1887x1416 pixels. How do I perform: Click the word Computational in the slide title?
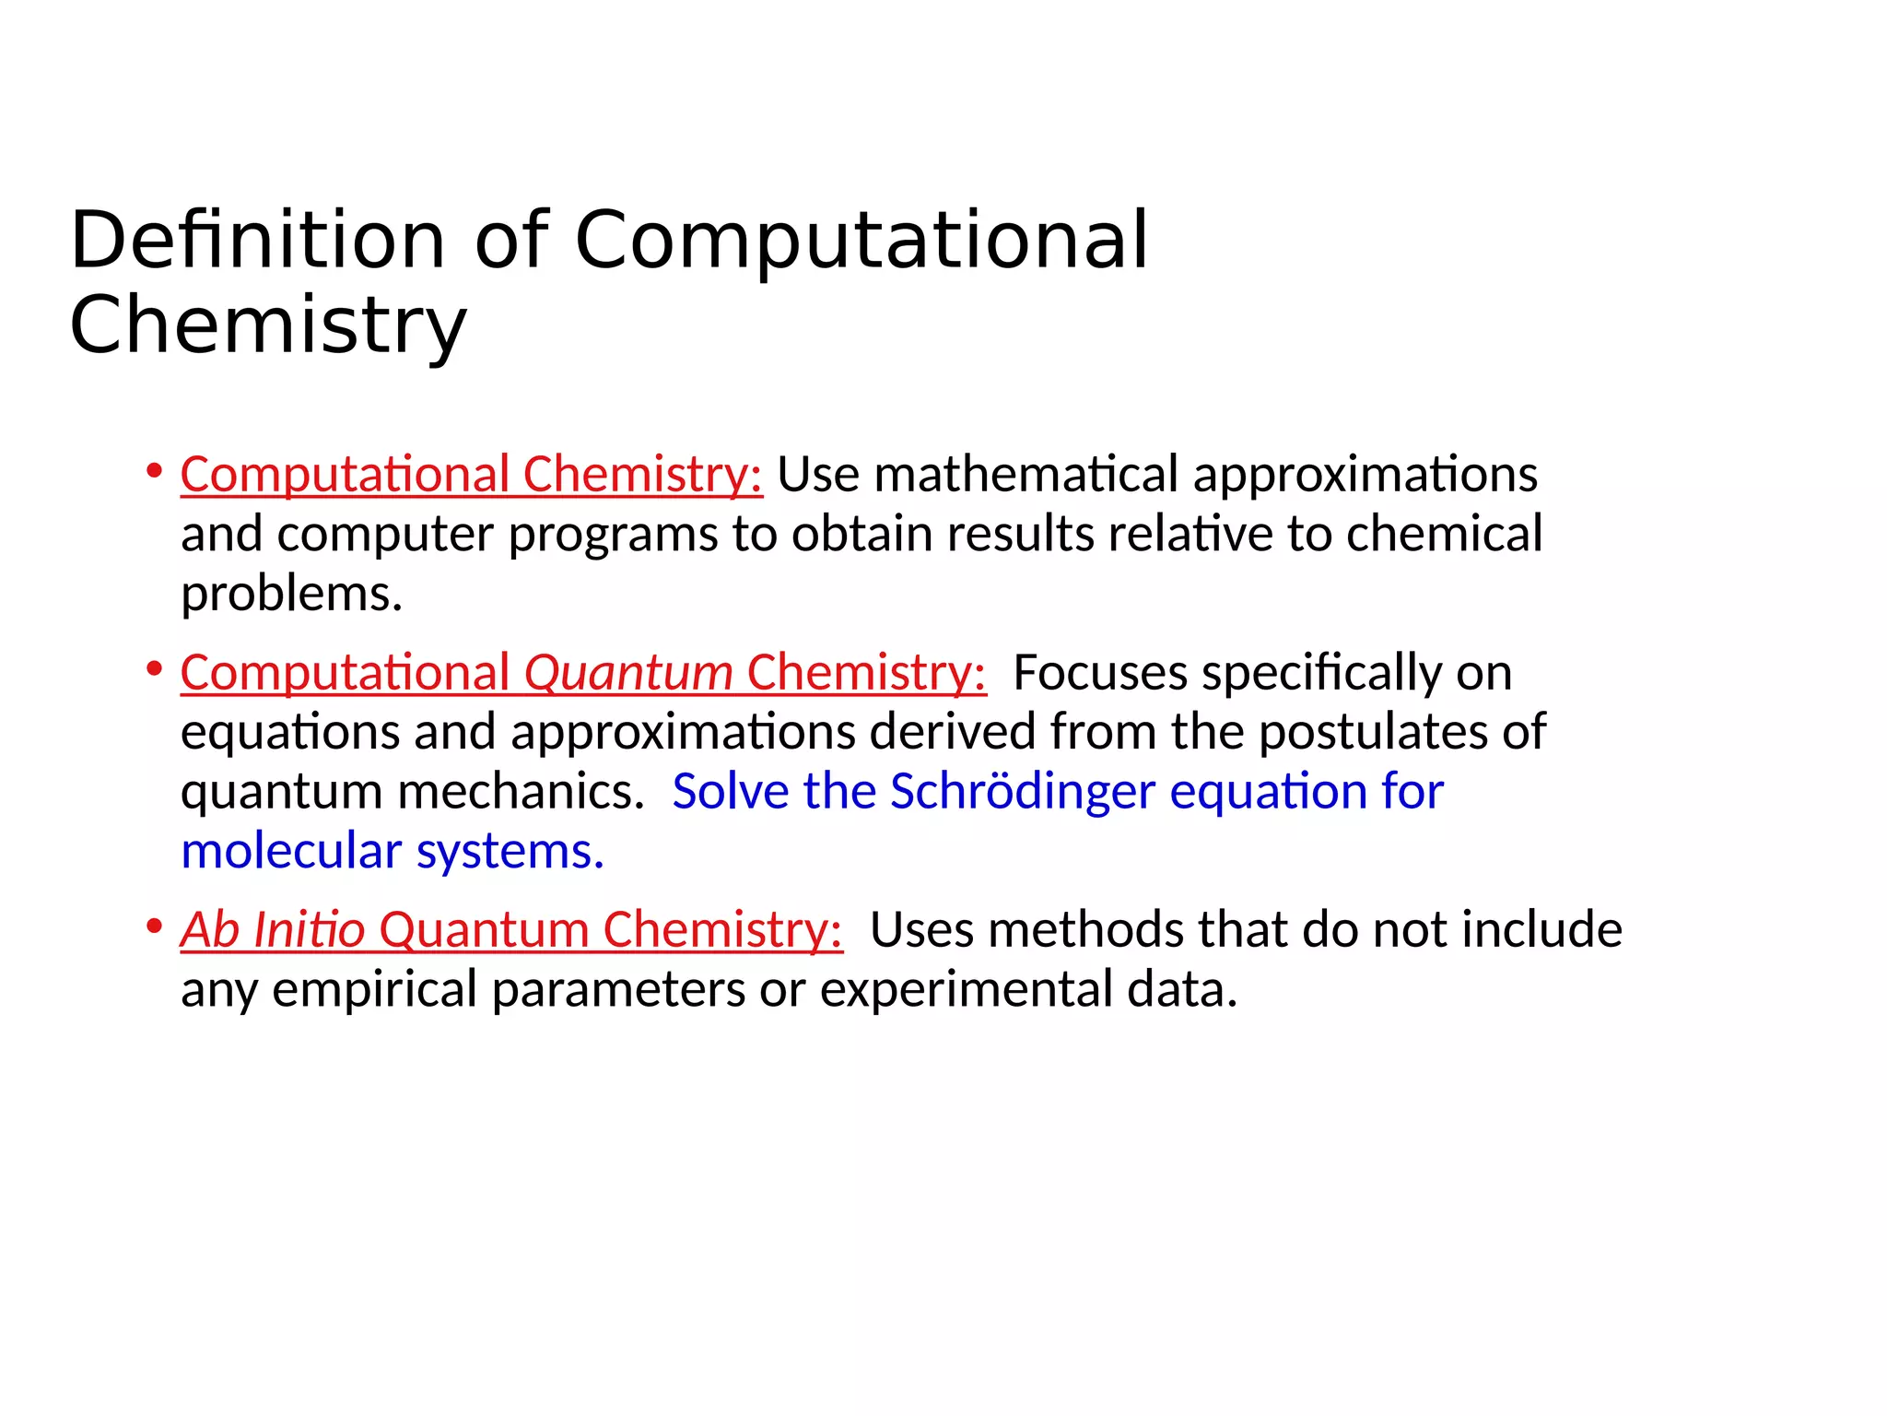coord(861,241)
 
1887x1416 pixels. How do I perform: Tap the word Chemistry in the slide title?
coord(268,325)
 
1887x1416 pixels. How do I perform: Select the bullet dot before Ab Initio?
coord(154,926)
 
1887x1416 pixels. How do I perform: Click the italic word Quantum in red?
coord(628,672)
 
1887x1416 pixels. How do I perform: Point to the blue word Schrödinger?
coord(1022,791)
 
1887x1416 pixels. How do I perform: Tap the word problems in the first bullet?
coord(291,595)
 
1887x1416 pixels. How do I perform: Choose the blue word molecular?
coord(291,851)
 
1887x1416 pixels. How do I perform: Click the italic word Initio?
coord(310,929)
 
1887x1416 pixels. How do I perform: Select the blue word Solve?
coord(731,791)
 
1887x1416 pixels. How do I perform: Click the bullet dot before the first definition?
coord(154,471)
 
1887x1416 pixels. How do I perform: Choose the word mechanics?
coord(521,791)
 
